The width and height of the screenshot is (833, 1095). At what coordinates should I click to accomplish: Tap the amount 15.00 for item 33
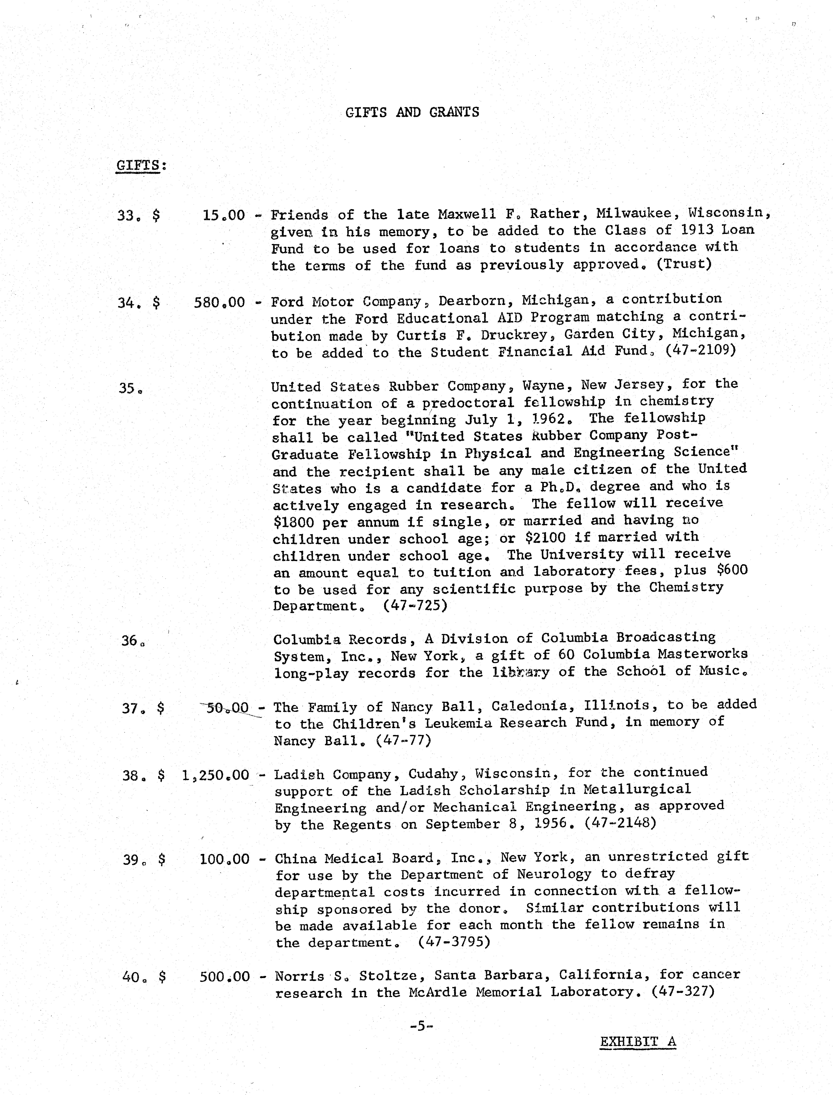(224, 215)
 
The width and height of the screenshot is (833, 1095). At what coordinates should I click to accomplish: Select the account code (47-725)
(415, 606)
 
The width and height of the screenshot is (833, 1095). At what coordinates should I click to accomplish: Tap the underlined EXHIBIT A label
(638, 1041)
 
